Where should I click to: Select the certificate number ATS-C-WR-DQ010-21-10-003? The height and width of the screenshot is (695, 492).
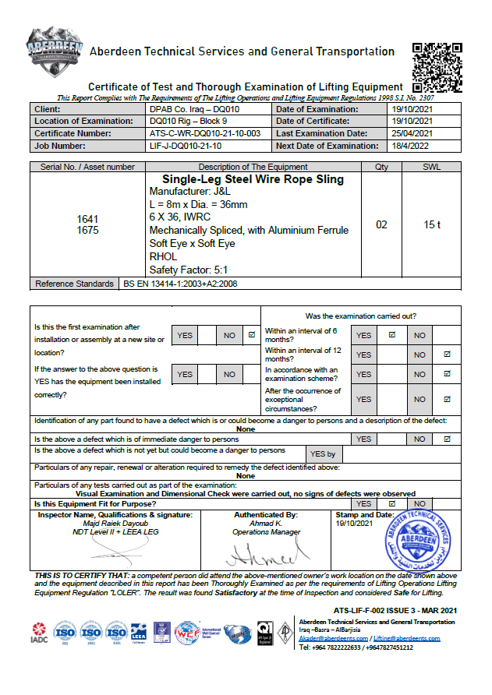point(205,133)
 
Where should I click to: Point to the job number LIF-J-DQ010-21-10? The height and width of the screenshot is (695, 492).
point(185,146)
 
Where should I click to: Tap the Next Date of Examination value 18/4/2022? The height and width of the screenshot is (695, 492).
point(410,146)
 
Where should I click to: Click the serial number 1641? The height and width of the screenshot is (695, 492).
point(88,219)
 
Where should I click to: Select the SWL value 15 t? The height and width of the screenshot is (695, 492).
point(432,224)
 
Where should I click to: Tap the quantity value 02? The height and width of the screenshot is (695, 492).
point(381,224)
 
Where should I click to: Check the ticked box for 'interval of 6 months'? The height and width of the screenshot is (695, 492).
point(392,335)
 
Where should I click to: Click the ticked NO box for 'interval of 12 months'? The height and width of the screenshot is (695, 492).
point(447,355)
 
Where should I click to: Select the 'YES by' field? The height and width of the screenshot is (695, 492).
point(322,454)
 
